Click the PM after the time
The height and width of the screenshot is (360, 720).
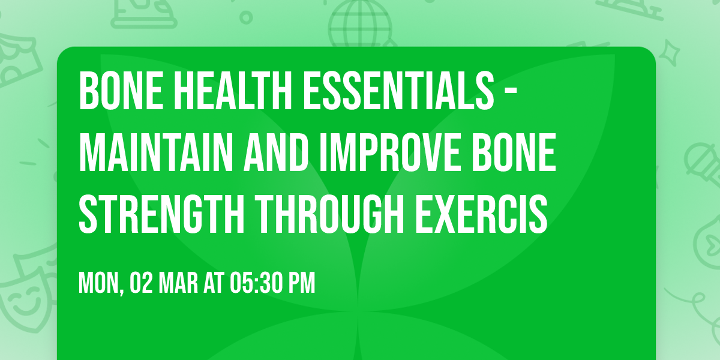click(301, 284)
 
